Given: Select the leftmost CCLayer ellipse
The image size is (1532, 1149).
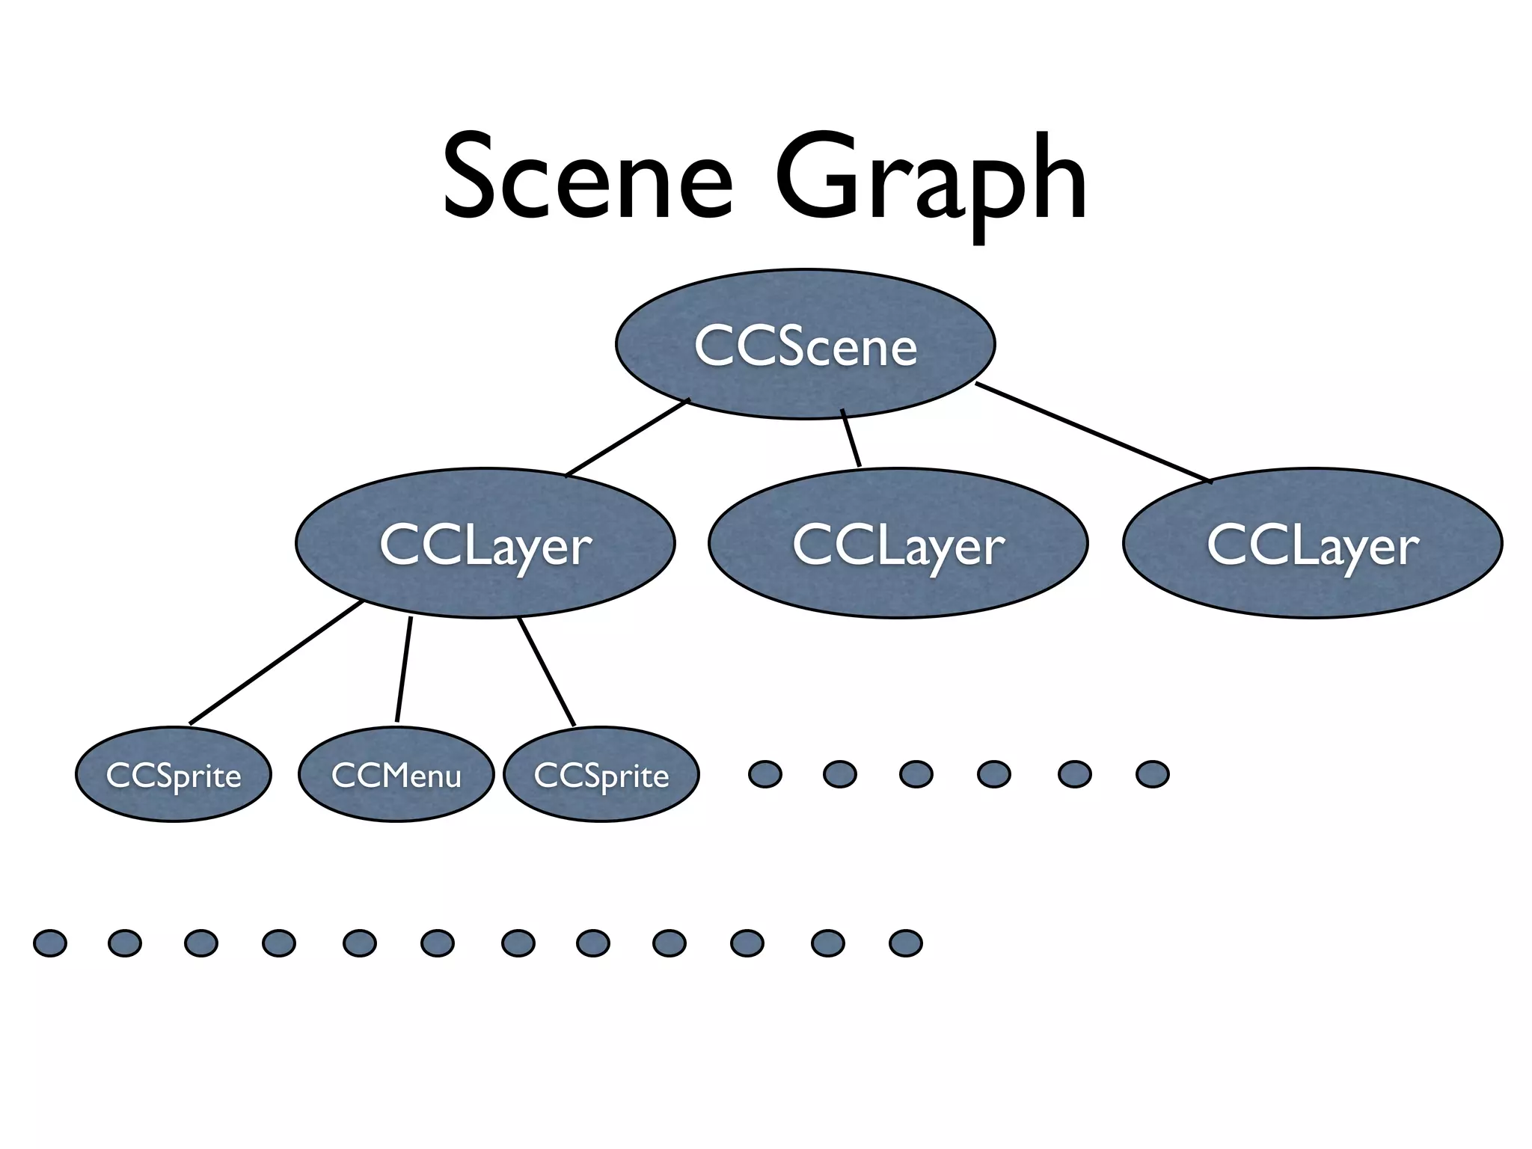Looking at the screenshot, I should [485, 543].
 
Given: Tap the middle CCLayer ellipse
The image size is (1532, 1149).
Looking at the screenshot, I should [898, 543].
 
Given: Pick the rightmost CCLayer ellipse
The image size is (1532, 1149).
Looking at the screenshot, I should [1312, 543].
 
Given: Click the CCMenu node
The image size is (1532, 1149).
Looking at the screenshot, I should [396, 774].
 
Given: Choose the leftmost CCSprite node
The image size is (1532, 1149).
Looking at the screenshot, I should [174, 774].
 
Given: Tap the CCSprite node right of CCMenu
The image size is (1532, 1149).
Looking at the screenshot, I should [601, 774].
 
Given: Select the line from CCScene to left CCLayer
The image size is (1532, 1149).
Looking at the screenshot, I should [627, 438].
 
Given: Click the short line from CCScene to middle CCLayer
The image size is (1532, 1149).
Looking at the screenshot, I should [851, 438].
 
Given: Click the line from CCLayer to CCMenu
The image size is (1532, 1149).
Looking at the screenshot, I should [404, 670].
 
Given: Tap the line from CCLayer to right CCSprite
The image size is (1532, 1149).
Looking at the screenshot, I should [547, 672].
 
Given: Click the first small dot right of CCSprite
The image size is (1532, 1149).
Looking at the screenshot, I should [765, 774].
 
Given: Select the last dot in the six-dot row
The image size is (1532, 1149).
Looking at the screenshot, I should [1152, 774].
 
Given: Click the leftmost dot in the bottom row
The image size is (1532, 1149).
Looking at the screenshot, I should [50, 943].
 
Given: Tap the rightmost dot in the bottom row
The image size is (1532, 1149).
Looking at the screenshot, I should [905, 943].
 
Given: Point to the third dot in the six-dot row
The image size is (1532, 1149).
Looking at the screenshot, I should [916, 774].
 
